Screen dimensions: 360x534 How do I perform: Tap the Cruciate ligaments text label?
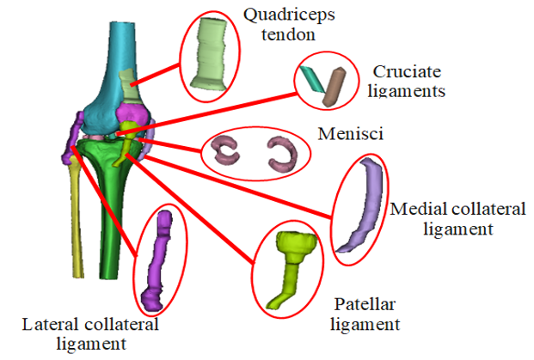408,79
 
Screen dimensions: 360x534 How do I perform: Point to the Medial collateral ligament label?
440,219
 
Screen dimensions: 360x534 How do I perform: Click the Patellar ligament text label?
365,314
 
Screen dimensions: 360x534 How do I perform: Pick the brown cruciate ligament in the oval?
333,87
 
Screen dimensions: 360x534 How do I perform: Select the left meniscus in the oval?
229,151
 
